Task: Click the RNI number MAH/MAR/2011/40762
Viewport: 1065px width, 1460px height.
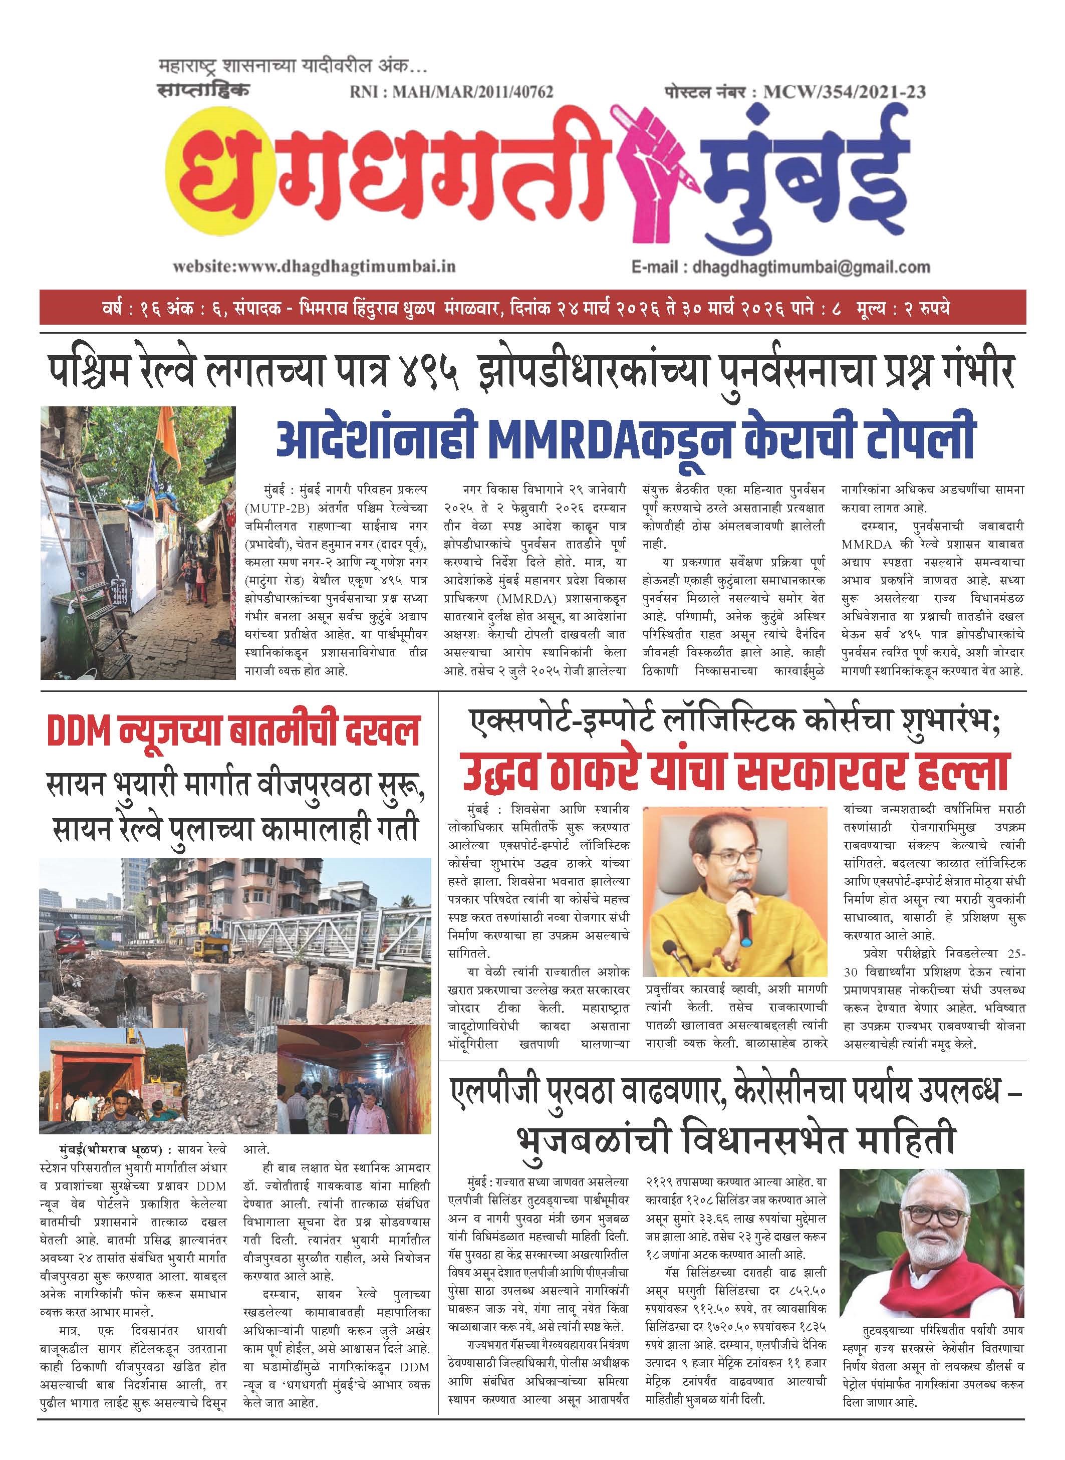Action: coord(451,92)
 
